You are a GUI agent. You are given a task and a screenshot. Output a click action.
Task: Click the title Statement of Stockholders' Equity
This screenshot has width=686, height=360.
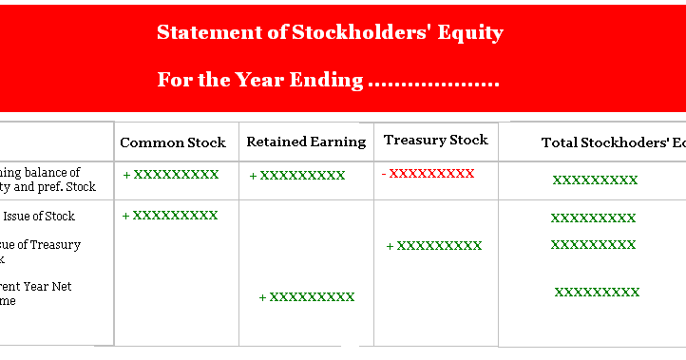click(330, 33)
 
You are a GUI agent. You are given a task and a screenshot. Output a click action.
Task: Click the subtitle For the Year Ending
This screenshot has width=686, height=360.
click(328, 80)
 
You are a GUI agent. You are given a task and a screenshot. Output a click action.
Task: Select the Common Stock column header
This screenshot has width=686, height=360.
click(173, 142)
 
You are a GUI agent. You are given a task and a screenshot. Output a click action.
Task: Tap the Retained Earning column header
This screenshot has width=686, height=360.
click(306, 142)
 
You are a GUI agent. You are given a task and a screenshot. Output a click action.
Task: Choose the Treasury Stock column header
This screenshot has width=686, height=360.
click(435, 140)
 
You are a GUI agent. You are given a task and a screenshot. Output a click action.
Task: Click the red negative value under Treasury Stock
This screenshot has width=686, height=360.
click(428, 173)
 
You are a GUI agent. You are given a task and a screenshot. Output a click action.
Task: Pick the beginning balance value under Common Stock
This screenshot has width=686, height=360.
click(171, 175)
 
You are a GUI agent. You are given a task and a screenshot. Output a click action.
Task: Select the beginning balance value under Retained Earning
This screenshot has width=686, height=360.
click(297, 176)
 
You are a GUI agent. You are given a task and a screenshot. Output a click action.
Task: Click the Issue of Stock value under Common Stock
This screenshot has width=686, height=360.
click(171, 216)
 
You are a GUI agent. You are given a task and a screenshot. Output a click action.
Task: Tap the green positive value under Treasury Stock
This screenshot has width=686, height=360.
click(434, 246)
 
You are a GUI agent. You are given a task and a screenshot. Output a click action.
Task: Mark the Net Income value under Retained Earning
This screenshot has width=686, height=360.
click(307, 297)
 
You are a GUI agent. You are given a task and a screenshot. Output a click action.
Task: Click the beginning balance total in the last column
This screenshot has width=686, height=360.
click(595, 180)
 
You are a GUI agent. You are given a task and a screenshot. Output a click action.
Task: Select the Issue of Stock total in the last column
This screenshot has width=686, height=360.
click(593, 218)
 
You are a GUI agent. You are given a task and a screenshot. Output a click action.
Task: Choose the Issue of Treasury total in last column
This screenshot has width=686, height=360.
click(593, 244)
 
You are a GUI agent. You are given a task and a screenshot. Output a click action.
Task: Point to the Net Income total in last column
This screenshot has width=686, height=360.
click(597, 292)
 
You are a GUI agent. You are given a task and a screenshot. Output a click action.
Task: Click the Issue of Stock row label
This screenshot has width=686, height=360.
click(44, 216)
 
